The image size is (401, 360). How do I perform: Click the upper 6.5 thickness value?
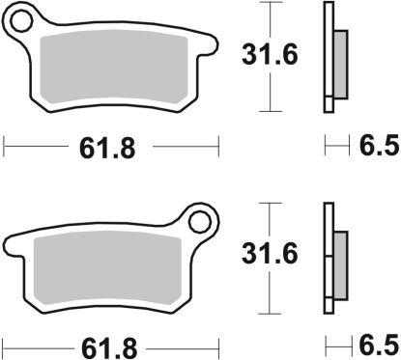point(377,149)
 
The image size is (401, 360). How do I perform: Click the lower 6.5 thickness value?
point(377,345)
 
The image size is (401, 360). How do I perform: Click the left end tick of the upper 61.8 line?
point(6,149)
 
